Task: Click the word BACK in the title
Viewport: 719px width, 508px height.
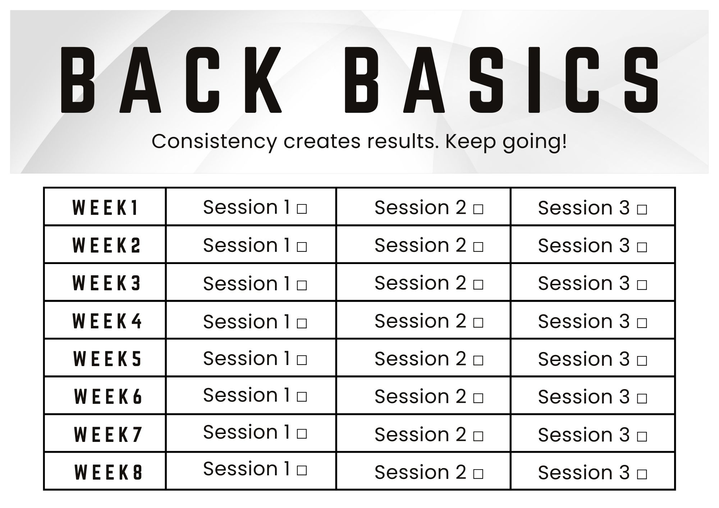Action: (171, 80)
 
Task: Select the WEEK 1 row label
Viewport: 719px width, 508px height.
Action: (105, 208)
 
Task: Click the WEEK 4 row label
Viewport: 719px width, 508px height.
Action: (107, 321)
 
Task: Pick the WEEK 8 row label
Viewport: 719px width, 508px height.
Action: (109, 472)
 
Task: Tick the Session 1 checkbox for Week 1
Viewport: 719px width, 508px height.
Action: (302, 209)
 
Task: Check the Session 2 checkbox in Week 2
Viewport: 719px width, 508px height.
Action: (478, 247)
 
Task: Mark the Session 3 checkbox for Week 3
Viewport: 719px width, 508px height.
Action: (642, 285)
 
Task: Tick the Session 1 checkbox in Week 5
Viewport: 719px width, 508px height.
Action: (302, 360)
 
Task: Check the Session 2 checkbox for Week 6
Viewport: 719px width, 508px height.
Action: (478, 398)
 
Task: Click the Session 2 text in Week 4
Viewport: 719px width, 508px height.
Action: (421, 321)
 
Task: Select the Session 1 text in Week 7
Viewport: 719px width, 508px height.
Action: (247, 432)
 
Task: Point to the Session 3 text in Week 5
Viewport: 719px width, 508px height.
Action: (584, 359)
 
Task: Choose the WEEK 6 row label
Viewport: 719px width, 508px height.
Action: (108, 397)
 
